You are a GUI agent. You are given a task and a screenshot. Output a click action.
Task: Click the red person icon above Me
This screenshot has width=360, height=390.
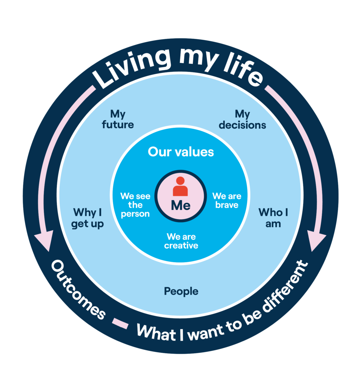[180, 187]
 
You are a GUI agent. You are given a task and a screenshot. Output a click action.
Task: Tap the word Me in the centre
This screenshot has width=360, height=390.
[181, 205]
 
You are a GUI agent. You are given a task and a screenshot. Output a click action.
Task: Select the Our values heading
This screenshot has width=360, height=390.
[181, 152]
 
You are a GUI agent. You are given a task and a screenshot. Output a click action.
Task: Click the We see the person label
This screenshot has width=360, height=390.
[135, 205]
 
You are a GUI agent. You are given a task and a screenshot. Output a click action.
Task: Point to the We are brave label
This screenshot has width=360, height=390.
[227, 200]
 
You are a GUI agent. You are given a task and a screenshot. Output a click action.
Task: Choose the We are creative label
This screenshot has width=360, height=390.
[181, 241]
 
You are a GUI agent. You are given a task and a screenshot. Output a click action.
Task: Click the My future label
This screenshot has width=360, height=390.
[118, 119]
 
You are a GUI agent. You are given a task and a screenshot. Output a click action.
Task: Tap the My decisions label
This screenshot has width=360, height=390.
[242, 119]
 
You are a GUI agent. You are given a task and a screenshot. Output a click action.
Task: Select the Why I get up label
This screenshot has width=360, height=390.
[88, 218]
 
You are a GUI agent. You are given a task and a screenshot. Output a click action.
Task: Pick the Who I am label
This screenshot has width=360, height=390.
[273, 218]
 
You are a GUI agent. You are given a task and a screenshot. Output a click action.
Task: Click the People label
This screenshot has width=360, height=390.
[181, 292]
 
